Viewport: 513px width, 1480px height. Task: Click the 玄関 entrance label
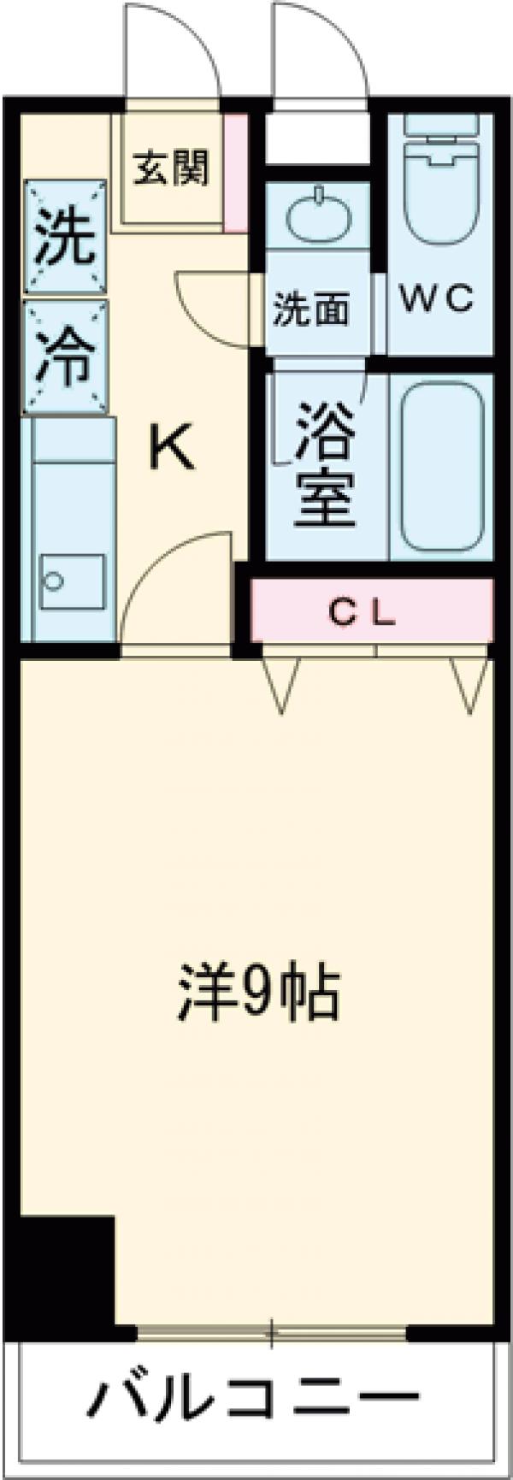pyautogui.click(x=170, y=168)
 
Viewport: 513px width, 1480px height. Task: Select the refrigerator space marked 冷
pyautogui.click(x=65, y=356)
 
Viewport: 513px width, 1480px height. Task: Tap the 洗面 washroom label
pyautogui.click(x=311, y=310)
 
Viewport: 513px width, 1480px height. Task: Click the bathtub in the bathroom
pyautogui.click(x=443, y=466)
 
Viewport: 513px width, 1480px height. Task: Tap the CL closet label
pyautogui.click(x=363, y=611)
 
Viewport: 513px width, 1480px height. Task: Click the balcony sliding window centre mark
pyautogui.click(x=271, y=1332)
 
